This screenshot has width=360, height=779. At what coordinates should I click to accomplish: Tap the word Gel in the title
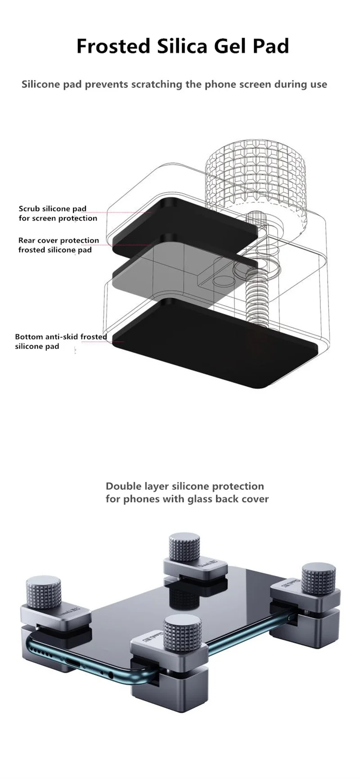tap(229, 46)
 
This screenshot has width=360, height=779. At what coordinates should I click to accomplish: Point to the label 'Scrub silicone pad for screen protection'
tap(58, 214)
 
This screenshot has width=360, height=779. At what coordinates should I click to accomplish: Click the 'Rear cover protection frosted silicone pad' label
tap(58, 245)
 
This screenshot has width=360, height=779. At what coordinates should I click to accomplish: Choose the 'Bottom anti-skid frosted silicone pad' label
tap(60, 341)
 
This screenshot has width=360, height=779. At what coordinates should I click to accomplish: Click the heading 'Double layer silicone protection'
tap(184, 486)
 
